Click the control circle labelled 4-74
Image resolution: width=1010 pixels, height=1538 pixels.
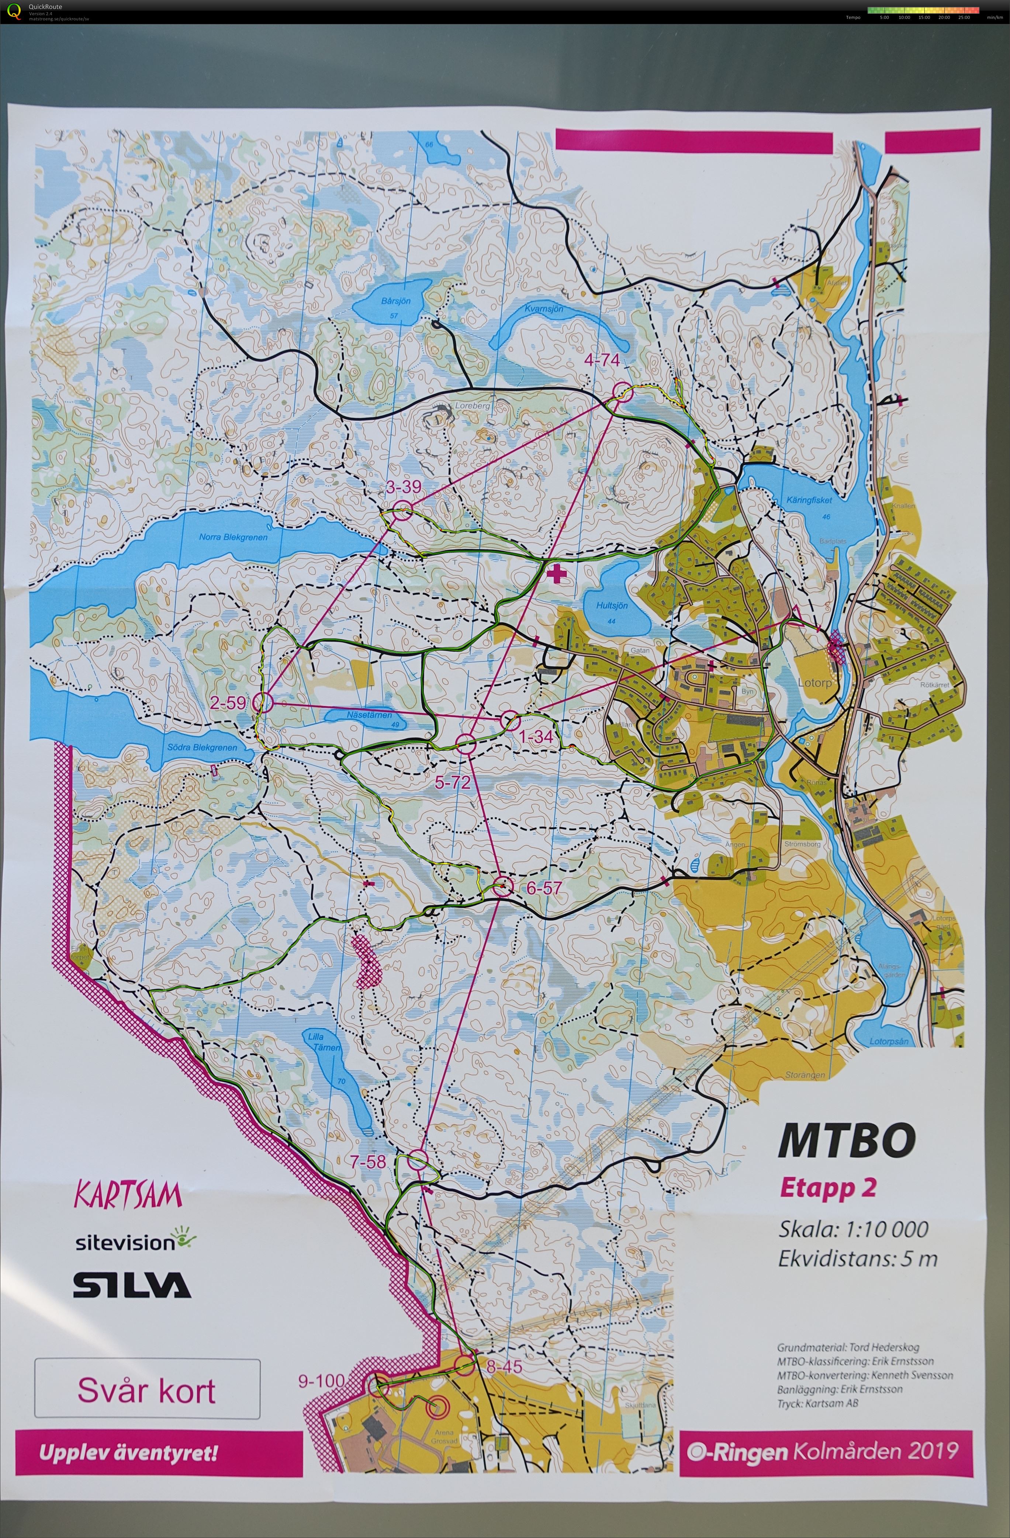pos(623,392)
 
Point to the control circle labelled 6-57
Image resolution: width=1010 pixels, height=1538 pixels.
pos(502,886)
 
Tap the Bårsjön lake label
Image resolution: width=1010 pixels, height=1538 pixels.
pos(396,301)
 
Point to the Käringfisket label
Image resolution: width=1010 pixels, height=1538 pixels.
pos(809,500)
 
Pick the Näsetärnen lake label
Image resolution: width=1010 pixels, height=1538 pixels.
pos(369,715)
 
